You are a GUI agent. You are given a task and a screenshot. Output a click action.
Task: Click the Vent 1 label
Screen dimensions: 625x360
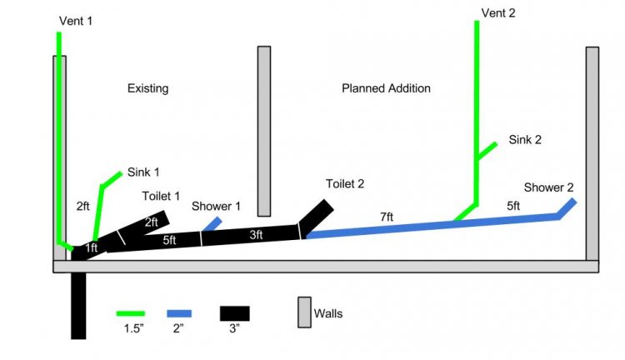point(76,21)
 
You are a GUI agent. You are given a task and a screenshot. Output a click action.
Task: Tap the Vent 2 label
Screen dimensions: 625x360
point(498,12)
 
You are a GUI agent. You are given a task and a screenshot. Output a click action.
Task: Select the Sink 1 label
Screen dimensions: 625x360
point(143,172)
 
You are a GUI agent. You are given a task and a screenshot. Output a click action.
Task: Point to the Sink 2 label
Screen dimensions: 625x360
point(525,139)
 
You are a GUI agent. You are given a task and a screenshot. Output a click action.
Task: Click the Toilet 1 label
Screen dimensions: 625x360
point(161,196)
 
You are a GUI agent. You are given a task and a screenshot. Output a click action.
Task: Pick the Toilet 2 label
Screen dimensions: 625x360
point(345,184)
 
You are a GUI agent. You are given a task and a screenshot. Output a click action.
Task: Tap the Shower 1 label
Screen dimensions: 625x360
point(216,206)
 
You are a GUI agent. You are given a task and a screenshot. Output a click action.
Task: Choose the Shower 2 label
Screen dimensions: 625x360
point(548,187)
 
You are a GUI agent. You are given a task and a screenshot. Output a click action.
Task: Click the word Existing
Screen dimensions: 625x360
point(147,88)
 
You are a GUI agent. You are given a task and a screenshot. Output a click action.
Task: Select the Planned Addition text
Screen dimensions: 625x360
point(386,88)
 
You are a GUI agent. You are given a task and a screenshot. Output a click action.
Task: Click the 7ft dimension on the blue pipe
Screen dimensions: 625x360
point(387,217)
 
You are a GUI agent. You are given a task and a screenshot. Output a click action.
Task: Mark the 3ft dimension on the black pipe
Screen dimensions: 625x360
point(257,235)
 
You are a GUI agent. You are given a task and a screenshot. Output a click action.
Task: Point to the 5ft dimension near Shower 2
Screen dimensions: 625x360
point(513,206)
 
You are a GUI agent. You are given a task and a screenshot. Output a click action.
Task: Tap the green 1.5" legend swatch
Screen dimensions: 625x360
point(130,313)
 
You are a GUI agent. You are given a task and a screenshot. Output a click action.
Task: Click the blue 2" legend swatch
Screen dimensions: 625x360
point(179,314)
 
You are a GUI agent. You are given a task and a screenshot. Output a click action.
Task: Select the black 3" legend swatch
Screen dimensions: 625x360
point(235,313)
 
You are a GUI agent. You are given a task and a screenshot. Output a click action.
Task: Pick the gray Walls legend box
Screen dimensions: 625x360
point(304,312)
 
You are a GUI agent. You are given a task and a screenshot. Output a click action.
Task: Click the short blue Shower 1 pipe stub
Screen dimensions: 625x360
point(212,224)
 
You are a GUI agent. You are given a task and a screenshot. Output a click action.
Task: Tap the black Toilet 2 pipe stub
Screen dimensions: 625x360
point(317,217)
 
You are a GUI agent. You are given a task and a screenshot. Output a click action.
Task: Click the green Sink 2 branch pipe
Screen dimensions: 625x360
point(487,150)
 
